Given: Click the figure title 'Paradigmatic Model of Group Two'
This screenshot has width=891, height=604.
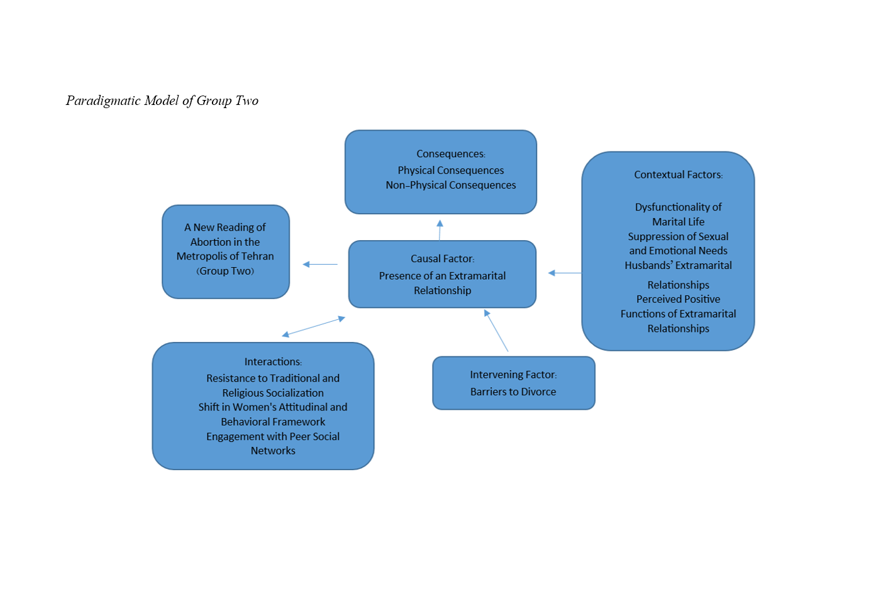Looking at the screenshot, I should point(162,101).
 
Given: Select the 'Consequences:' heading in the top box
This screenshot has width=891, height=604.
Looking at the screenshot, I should point(450,154).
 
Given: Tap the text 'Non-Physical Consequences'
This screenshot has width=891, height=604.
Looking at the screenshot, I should point(451,185).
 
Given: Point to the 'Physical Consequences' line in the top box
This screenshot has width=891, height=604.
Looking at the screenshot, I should point(451,170).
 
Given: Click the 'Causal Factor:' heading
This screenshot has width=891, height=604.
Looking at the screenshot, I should point(442,259).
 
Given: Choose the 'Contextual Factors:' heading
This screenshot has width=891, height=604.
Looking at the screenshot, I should point(678,175).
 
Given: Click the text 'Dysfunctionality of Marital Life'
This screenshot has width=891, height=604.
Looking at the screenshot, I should point(678,214).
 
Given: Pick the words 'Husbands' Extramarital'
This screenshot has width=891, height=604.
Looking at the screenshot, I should point(678,266).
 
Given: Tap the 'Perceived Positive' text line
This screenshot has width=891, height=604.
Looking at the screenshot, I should point(678,300).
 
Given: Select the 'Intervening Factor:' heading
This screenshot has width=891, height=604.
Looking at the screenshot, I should point(513,375).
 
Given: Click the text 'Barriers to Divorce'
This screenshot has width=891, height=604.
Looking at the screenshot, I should point(513,392).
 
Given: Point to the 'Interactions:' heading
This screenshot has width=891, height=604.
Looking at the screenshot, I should point(273,362).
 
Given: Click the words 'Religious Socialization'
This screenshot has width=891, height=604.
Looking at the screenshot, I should point(273,393).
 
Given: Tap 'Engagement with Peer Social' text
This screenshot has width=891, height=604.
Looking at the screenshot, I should point(273,437).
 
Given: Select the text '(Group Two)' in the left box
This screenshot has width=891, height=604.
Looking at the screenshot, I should point(225,272).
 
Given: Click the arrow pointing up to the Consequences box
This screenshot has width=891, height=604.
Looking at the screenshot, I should point(440,229).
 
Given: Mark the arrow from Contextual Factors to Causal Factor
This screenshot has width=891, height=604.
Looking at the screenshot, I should point(565,273).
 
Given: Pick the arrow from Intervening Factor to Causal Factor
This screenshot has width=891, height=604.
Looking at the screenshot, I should point(496,331).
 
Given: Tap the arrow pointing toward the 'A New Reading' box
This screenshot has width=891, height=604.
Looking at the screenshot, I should point(320,265).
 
